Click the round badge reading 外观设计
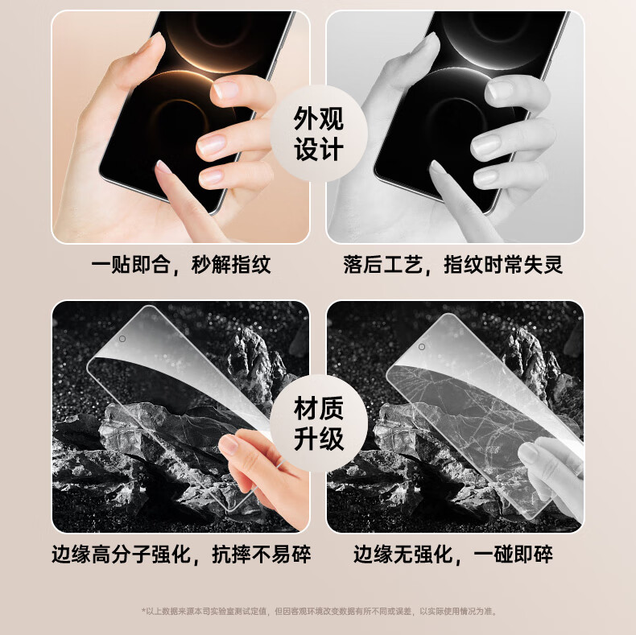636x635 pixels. tap(319, 134)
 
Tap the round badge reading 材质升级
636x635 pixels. tap(319, 423)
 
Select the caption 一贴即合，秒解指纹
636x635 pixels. tap(181, 266)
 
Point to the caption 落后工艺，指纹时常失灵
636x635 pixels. tap(453, 266)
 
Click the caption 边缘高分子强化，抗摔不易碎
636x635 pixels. tap(181, 555)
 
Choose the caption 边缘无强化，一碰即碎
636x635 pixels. tap(453, 555)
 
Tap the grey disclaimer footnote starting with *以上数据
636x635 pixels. tap(320, 611)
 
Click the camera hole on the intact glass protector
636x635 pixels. tap(122, 339)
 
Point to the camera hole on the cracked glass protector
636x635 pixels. tap(422, 347)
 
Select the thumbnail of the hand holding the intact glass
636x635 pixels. tap(229, 444)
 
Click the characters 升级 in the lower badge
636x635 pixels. tap(319, 439)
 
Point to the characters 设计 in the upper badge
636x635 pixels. tap(319, 149)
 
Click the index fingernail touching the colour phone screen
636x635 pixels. tap(163, 167)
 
